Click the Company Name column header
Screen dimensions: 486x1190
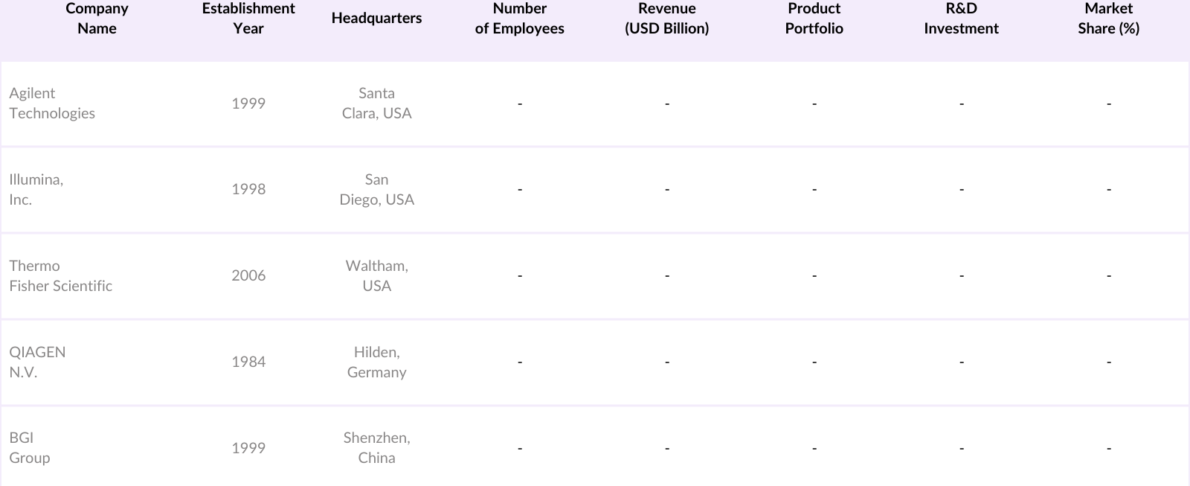tap(97, 19)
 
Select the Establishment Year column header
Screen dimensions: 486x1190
tap(248, 19)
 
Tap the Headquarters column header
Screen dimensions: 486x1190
tap(376, 19)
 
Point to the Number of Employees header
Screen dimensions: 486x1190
tap(519, 19)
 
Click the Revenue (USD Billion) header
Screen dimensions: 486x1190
tap(666, 19)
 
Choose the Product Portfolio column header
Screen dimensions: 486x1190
tap(814, 19)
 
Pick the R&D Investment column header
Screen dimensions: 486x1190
tap(961, 19)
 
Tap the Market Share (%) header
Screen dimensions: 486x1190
tap(1108, 19)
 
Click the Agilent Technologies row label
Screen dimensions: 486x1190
tap(52, 103)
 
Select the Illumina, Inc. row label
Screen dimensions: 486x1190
tap(36, 190)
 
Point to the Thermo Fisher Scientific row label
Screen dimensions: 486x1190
tap(61, 276)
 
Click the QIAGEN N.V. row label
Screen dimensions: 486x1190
tap(37, 362)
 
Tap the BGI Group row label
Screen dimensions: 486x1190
tap(30, 448)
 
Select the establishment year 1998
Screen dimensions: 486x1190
tap(248, 190)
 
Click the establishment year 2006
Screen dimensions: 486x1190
tap(248, 276)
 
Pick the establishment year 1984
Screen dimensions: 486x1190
tap(248, 362)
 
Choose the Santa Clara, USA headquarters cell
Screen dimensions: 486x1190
tap(376, 103)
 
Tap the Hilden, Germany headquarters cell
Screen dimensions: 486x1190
tap(376, 362)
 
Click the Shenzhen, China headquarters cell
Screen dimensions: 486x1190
tap(376, 448)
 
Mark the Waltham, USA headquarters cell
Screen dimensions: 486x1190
tap(376, 276)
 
